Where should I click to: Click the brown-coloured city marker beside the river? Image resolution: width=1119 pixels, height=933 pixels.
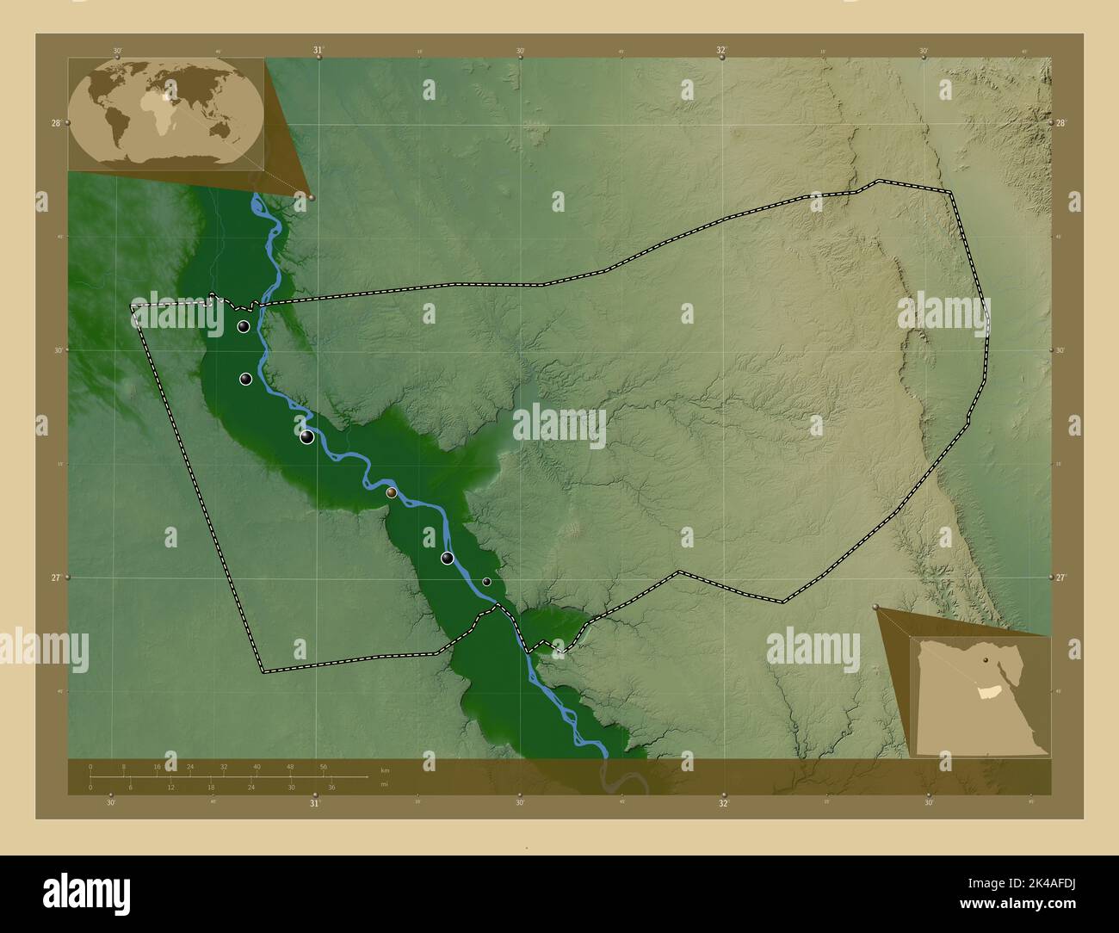[x=392, y=492]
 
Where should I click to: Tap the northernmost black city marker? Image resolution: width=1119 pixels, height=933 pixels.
[x=244, y=327]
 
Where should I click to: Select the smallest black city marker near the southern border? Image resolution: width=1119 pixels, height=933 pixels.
[x=486, y=582]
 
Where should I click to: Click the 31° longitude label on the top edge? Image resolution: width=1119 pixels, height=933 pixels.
[x=318, y=51]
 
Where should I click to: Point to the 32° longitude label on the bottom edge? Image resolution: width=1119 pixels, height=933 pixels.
[x=724, y=803]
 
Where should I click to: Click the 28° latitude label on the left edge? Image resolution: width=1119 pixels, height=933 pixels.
[x=55, y=123]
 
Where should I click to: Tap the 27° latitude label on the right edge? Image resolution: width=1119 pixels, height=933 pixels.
[x=1063, y=578]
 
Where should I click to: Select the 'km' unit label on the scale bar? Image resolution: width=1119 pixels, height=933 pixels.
[x=385, y=770]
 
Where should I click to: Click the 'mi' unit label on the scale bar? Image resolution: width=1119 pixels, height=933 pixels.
[x=385, y=784]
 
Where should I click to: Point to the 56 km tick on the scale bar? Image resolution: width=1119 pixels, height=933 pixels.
[x=324, y=766]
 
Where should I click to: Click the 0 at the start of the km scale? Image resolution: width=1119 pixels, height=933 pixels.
[x=90, y=766]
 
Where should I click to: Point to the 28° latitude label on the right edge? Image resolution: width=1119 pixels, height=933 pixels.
[x=1063, y=123]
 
